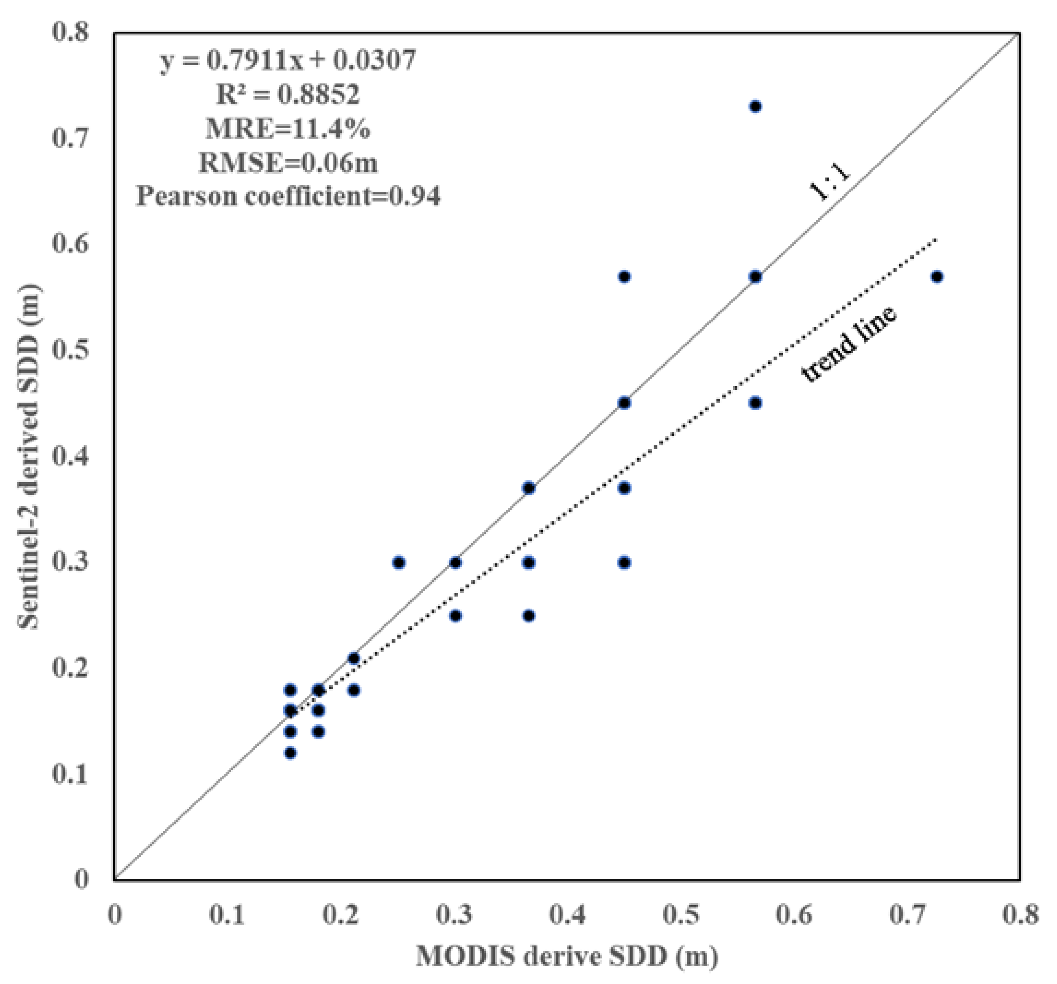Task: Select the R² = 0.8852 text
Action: click(288, 95)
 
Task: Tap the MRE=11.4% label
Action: click(288, 129)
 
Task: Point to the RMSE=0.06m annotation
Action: click(288, 163)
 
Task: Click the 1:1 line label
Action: click(830, 183)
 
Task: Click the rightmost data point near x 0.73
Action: click(937, 276)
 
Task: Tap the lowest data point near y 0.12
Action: click(290, 753)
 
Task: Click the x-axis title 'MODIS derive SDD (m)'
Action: click(567, 957)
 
